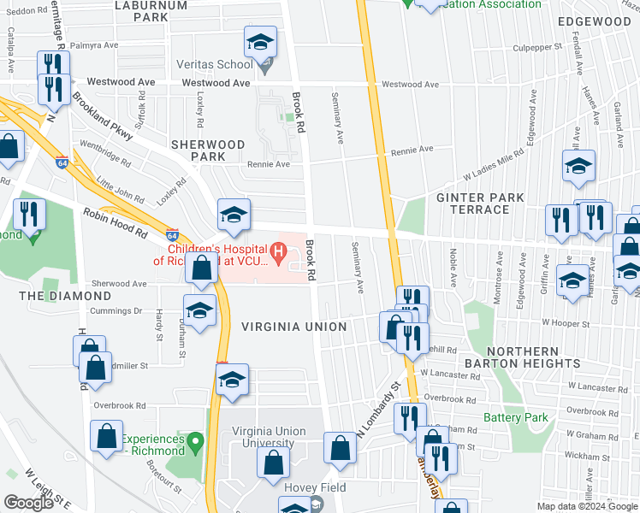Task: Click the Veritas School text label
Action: [x=214, y=64]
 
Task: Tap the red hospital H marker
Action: [x=277, y=252]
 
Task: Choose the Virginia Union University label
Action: [x=268, y=438]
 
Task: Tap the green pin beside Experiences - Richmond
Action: [x=196, y=443]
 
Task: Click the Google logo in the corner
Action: [x=29, y=503]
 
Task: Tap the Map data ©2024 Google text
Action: [x=587, y=506]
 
